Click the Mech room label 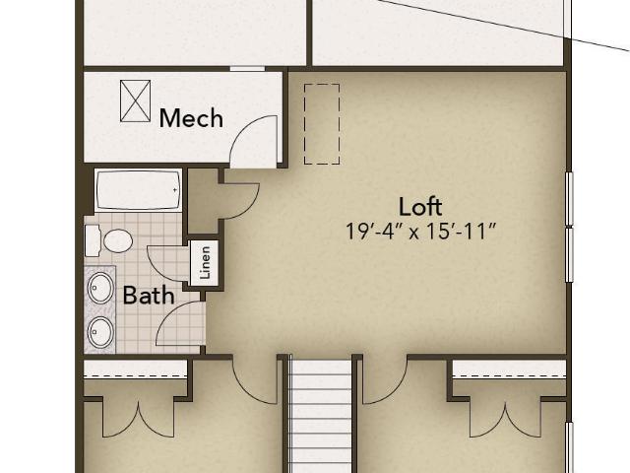click(x=191, y=118)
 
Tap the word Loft click(x=420, y=207)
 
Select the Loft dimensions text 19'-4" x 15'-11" click(x=421, y=232)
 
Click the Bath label click(x=149, y=296)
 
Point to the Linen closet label click(x=205, y=263)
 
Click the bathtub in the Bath click(x=138, y=190)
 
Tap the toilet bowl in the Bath click(x=118, y=240)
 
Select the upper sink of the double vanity click(x=100, y=288)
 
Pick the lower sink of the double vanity click(x=100, y=332)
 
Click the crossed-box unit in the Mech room click(x=136, y=101)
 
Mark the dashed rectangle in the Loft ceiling click(x=322, y=124)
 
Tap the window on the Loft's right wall click(x=569, y=227)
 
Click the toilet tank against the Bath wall click(x=93, y=240)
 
